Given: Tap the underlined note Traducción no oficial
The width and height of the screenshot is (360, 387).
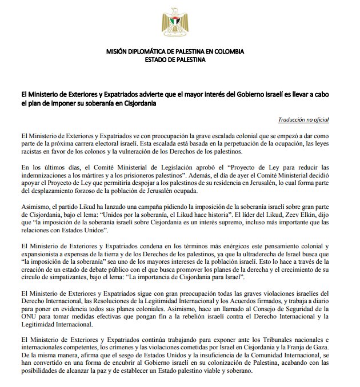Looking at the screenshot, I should click(x=304, y=120).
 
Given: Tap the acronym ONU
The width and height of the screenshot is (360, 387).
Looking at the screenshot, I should click(x=28, y=316).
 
